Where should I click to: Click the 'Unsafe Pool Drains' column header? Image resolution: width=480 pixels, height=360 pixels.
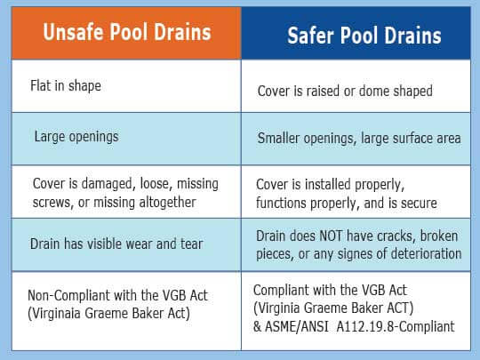click(x=127, y=32)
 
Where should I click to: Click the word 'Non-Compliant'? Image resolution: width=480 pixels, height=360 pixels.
click(x=68, y=296)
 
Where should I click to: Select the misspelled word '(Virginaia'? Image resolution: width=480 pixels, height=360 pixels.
click(x=54, y=314)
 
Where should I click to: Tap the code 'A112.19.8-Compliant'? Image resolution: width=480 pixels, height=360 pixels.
click(x=396, y=326)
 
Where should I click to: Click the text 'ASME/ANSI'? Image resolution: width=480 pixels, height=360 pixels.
click(x=297, y=326)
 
